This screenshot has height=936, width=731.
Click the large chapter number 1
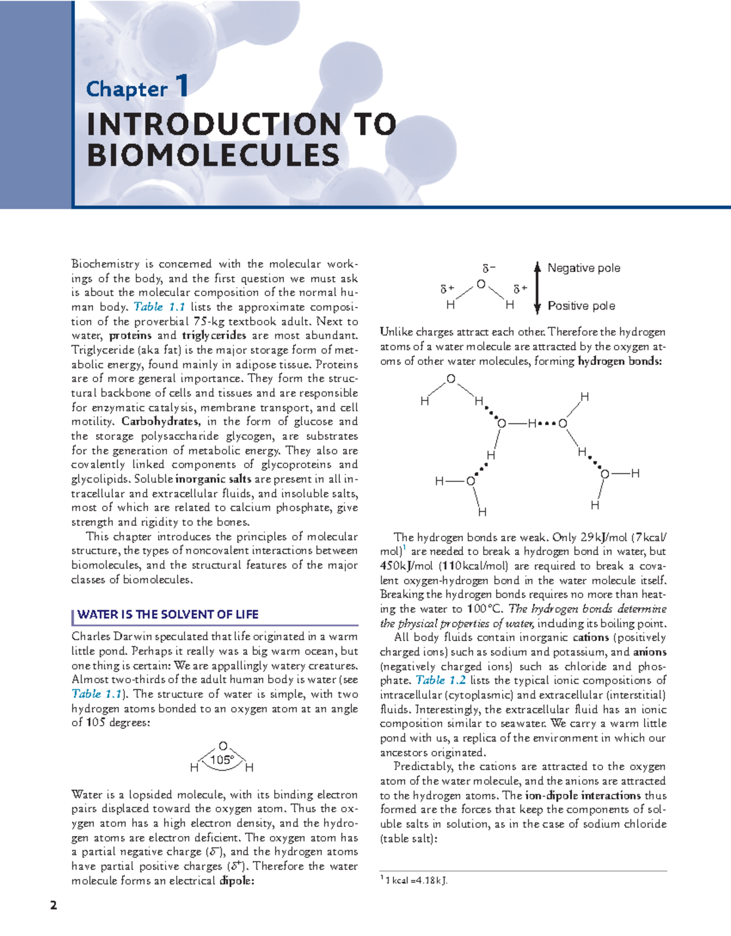(x=182, y=86)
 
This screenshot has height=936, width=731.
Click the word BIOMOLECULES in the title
(x=213, y=155)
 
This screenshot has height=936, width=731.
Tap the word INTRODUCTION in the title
(x=214, y=124)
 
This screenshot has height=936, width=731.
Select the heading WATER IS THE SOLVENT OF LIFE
(x=168, y=614)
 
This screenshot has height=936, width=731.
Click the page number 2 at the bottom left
(x=54, y=905)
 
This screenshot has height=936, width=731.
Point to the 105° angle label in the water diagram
(x=222, y=760)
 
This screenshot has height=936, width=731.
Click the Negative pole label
(x=584, y=268)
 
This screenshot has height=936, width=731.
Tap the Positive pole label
(x=581, y=306)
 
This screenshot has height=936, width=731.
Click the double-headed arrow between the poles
(x=537, y=287)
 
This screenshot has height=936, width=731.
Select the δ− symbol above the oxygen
(x=489, y=268)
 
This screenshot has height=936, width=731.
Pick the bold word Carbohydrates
(x=160, y=422)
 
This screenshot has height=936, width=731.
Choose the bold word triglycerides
(x=214, y=335)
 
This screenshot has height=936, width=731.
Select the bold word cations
(x=590, y=637)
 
